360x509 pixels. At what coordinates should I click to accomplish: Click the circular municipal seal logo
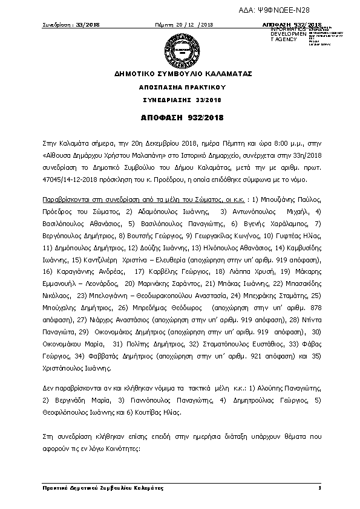(180, 50)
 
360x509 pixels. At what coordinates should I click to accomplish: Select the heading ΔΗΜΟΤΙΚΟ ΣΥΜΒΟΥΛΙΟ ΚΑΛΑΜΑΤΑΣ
(180, 74)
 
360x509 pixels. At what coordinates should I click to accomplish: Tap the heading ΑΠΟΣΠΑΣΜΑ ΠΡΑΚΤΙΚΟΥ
(180, 87)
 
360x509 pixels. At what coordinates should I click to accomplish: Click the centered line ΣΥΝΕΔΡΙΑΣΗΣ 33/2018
(180, 99)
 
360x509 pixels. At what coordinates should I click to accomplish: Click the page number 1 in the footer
(318, 487)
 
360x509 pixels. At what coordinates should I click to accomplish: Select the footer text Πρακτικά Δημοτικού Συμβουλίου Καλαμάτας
(91, 487)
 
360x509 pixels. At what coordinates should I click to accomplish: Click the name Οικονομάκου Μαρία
(68, 343)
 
